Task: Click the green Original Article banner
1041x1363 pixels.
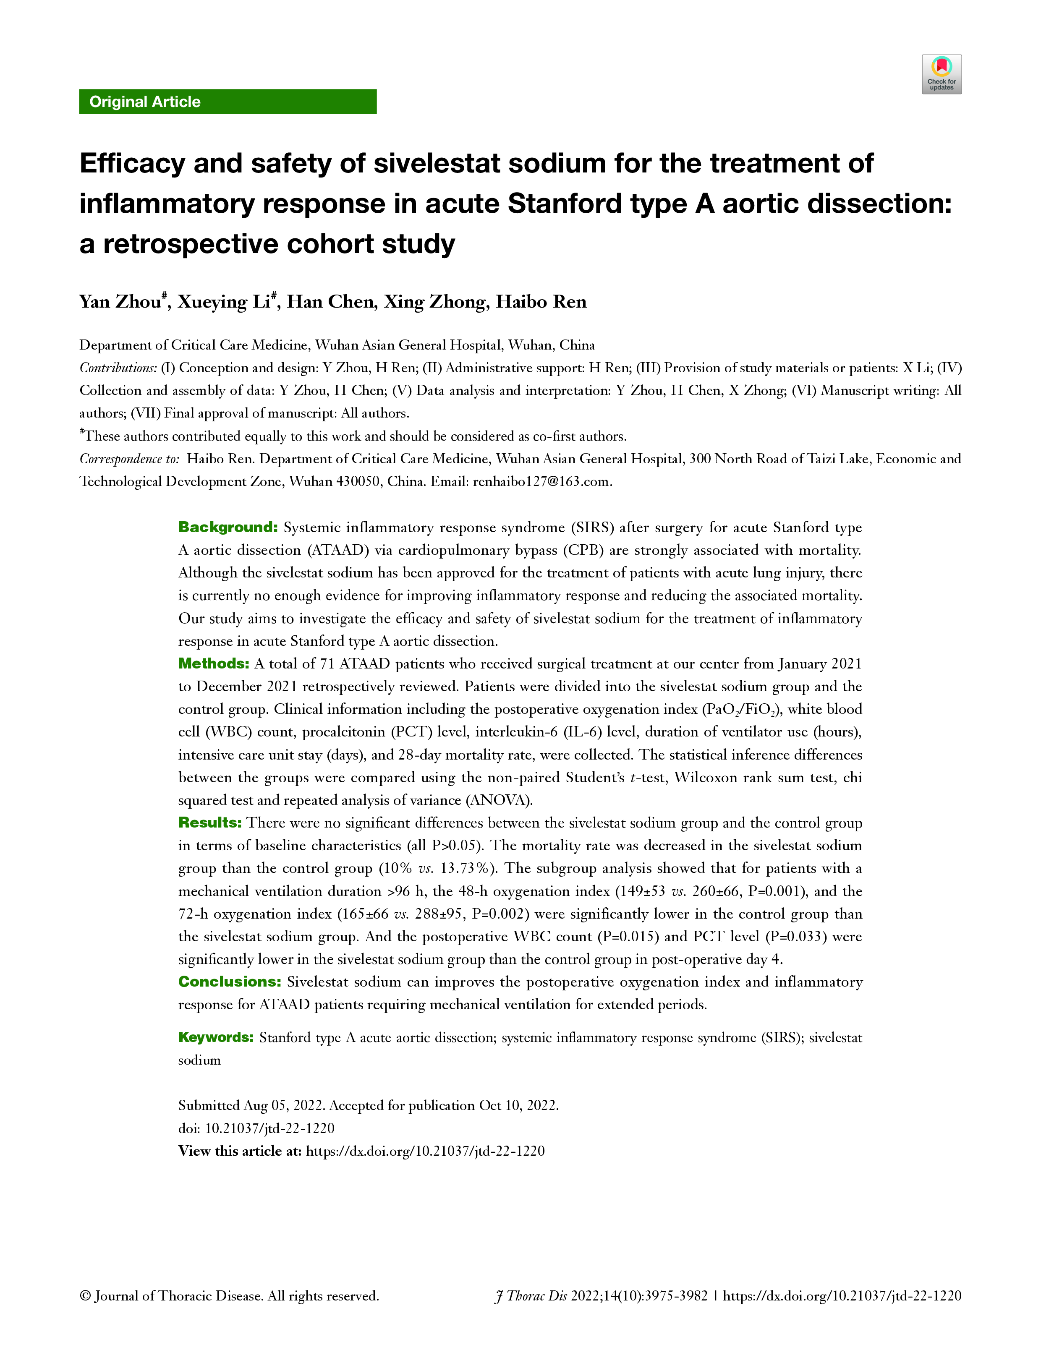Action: [x=228, y=102]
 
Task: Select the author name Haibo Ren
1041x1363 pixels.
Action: [x=541, y=302]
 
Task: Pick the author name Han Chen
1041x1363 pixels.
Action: [x=330, y=302]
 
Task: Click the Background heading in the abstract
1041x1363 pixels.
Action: [x=228, y=527]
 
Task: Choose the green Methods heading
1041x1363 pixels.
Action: [x=213, y=663]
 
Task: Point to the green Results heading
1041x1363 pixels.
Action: [x=209, y=823]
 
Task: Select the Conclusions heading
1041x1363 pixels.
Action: [x=229, y=982]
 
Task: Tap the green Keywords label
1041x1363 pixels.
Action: [x=216, y=1038]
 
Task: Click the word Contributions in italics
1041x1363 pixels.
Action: [x=118, y=368]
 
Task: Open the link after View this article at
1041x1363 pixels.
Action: [x=425, y=1151]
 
